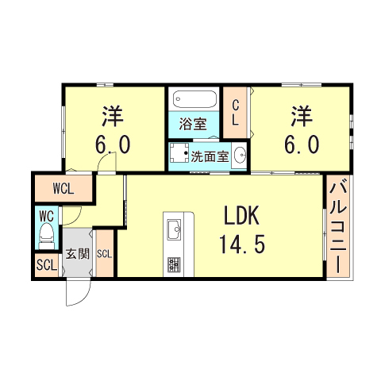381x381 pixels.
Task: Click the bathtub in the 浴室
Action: [x=194, y=99]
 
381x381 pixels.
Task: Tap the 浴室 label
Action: [x=193, y=124]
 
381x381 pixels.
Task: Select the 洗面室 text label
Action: [x=210, y=156]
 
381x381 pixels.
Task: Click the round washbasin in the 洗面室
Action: [x=241, y=154]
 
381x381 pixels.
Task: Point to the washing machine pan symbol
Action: [x=179, y=153]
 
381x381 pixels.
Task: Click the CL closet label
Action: [x=235, y=113]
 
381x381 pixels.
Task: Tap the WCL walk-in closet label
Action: [x=63, y=189]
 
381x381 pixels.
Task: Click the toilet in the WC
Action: [x=47, y=236]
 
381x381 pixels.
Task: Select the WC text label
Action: [x=47, y=217]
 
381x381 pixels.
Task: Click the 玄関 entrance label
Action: [x=78, y=254]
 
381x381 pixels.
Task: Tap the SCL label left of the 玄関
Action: [x=47, y=265]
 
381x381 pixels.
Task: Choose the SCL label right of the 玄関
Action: [x=105, y=254]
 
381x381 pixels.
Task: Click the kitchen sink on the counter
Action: [x=174, y=229]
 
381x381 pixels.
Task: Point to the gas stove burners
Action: [x=174, y=264]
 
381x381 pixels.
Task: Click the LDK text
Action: [x=241, y=216]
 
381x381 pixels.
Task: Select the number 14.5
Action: [x=242, y=244]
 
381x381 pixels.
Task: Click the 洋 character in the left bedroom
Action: [x=113, y=117]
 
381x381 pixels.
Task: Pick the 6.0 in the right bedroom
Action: [x=302, y=144]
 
